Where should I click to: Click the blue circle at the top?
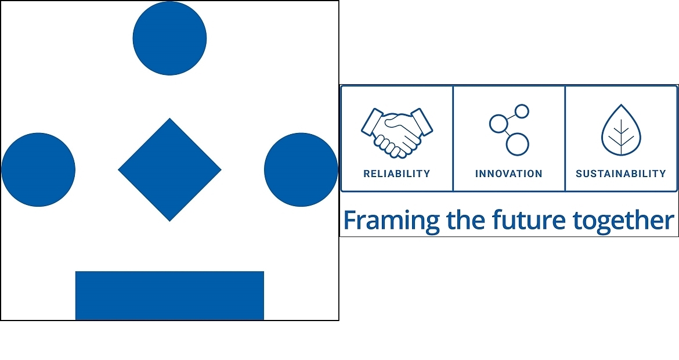(x=169, y=38)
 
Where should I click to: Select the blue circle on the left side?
(x=38, y=170)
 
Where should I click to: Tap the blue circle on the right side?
(x=301, y=170)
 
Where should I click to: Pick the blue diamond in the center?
(x=169, y=170)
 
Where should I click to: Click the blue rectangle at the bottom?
(x=169, y=296)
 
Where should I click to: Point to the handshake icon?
(x=396, y=132)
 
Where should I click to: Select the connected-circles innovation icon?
(x=510, y=129)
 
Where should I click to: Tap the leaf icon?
(x=622, y=130)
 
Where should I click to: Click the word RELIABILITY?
(x=396, y=174)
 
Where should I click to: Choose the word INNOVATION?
(x=509, y=174)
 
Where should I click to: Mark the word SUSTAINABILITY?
(x=621, y=174)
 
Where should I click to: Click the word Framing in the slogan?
(x=392, y=221)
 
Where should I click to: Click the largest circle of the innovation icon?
(x=518, y=144)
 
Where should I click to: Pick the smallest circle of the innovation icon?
(x=522, y=111)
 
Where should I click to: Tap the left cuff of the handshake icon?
(x=372, y=122)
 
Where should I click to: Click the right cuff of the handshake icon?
(x=422, y=122)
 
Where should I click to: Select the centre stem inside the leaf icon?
(x=622, y=137)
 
